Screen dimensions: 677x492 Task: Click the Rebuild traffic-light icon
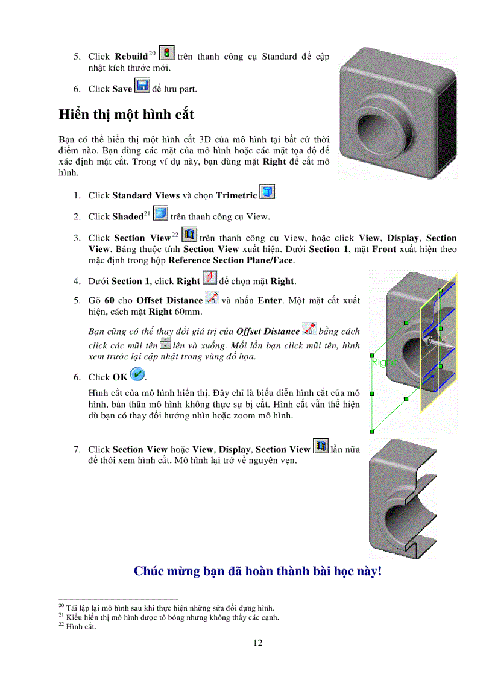pyautogui.click(x=168, y=53)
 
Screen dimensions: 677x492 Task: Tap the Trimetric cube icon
pyautogui.click(x=267, y=193)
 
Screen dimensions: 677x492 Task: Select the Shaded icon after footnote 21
pyautogui.click(x=161, y=214)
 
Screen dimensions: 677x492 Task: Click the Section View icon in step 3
pyautogui.click(x=190, y=235)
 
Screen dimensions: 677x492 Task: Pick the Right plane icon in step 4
pyautogui.click(x=209, y=279)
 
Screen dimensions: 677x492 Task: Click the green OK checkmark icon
pyautogui.click(x=137, y=374)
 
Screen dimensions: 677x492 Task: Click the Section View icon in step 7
pyautogui.click(x=321, y=447)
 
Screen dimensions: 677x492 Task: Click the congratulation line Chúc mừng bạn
pyautogui.click(x=257, y=571)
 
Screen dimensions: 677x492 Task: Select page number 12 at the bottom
pyautogui.click(x=257, y=643)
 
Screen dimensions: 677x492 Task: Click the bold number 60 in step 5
pyautogui.click(x=110, y=300)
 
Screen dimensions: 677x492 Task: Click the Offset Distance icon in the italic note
pyautogui.click(x=309, y=329)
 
